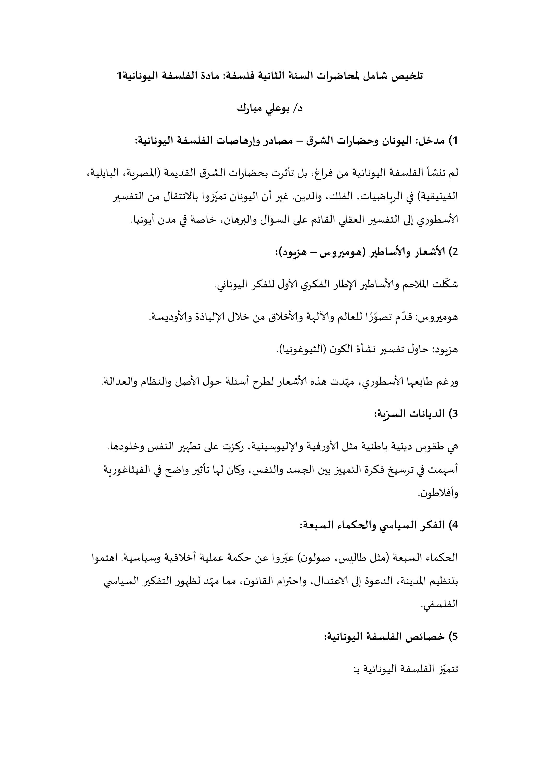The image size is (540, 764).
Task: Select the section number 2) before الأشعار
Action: point(454,252)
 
